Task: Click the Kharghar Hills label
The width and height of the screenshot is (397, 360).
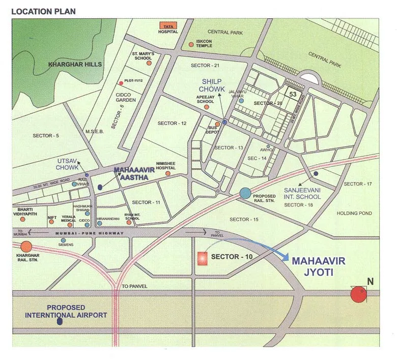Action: pyautogui.click(x=75, y=65)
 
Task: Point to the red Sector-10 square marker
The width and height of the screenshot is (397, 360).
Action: pyautogui.click(x=202, y=258)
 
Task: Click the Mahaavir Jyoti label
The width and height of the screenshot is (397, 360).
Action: pyautogui.click(x=319, y=266)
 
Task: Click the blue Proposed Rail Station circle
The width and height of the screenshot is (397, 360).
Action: pyautogui.click(x=245, y=193)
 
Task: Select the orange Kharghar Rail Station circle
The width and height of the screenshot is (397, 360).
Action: pyautogui.click(x=26, y=247)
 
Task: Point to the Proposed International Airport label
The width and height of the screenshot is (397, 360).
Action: pyautogui.click(x=66, y=311)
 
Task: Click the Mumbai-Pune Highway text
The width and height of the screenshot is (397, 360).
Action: pyautogui.click(x=90, y=233)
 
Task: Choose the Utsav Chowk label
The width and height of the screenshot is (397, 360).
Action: pyautogui.click(x=68, y=164)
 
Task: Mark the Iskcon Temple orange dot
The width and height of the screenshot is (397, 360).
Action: pyautogui.click(x=191, y=44)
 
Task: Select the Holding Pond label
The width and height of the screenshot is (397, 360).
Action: pyautogui.click(x=354, y=214)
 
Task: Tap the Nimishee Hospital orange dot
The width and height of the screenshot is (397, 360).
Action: pyautogui.click(x=167, y=173)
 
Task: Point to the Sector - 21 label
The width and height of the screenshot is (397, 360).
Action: pyautogui.click(x=205, y=66)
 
